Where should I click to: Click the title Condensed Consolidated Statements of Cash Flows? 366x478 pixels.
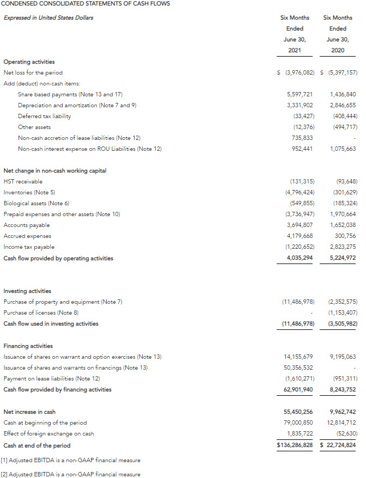coord(86,4)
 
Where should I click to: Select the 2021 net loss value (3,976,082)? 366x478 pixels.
coord(297,72)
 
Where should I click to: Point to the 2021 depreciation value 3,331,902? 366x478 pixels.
coord(300,105)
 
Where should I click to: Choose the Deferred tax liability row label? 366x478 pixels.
coord(44,116)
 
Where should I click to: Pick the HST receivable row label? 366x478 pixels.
coord(23,181)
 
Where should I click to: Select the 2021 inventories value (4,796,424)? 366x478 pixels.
coord(297,192)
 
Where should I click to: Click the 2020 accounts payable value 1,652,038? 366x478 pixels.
coord(343,225)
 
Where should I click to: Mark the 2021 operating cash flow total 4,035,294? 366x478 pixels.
coord(300,258)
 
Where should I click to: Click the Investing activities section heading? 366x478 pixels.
coord(27,291)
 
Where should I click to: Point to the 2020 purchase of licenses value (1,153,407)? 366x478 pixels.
coord(343,312)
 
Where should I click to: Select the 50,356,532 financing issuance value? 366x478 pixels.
coord(298,367)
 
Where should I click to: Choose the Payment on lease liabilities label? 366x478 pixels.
coord(52,378)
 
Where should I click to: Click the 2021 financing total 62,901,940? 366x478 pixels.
coord(298,389)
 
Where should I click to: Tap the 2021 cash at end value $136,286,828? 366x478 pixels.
coord(295,445)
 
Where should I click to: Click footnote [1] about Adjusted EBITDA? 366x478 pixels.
coord(70,460)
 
